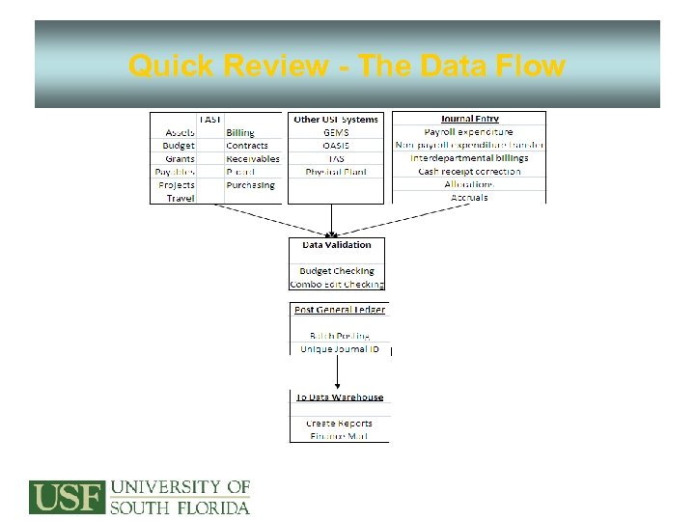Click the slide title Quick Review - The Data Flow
(x=347, y=66)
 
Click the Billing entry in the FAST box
(x=240, y=132)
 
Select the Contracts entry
(x=247, y=146)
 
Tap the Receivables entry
(x=253, y=158)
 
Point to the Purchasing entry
(x=250, y=184)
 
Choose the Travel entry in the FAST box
(x=181, y=198)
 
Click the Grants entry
(x=180, y=158)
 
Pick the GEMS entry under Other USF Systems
(x=336, y=132)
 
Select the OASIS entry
(x=336, y=146)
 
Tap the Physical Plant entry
(x=336, y=172)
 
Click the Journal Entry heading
(x=469, y=119)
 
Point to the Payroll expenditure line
(x=469, y=132)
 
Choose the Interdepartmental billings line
(x=469, y=158)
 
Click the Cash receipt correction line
(x=469, y=172)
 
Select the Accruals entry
(x=469, y=198)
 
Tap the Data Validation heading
(x=336, y=245)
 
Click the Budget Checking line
(x=336, y=271)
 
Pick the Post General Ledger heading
(x=339, y=310)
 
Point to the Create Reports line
(x=339, y=423)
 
